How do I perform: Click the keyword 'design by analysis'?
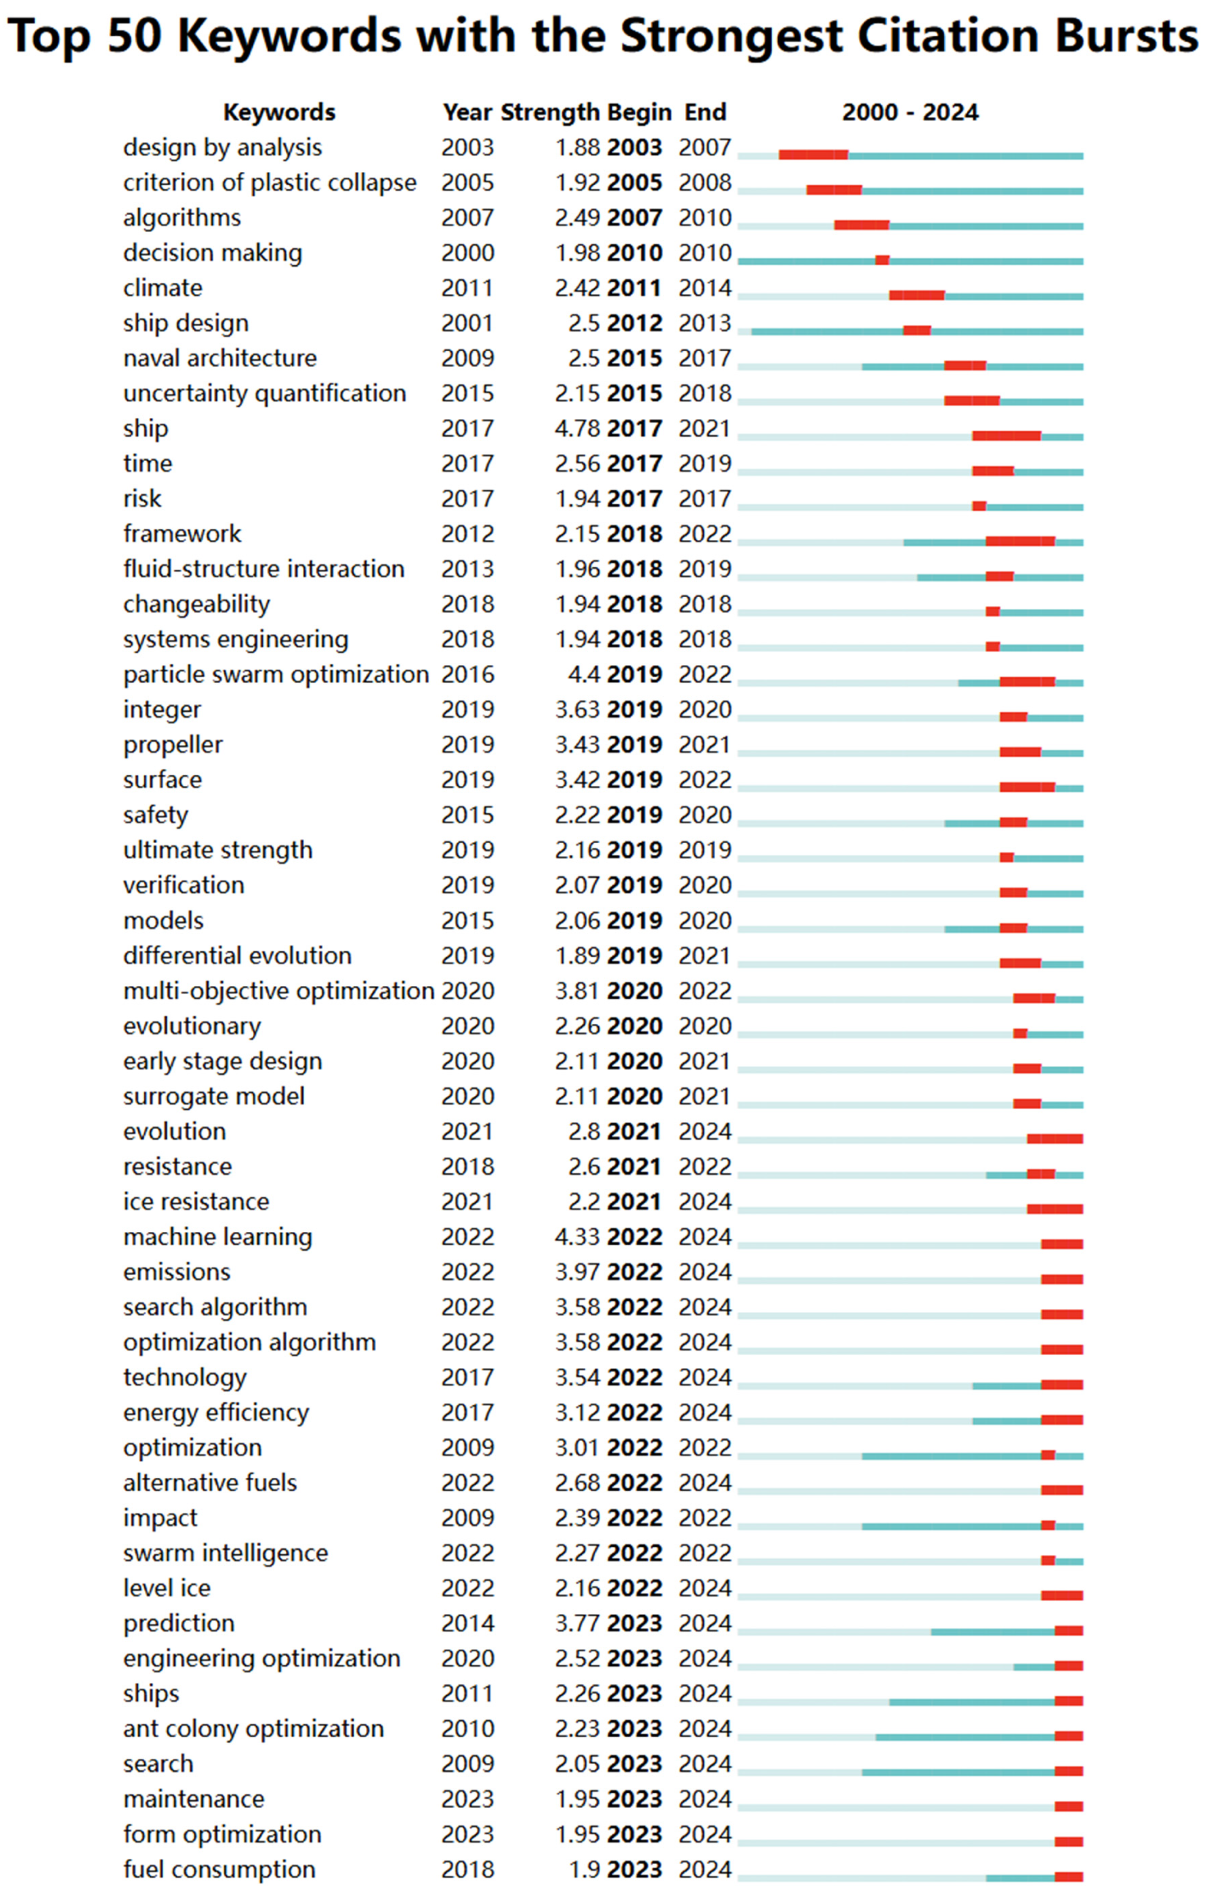click(x=222, y=148)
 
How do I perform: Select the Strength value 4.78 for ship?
click(x=577, y=429)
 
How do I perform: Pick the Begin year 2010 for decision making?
click(x=634, y=254)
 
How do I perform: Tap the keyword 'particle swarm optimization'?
click(x=275, y=674)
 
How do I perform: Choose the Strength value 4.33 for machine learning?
click(x=577, y=1237)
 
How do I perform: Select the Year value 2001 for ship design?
click(x=468, y=323)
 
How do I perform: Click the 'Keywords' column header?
click(x=279, y=113)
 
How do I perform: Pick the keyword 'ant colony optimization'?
click(x=254, y=1729)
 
